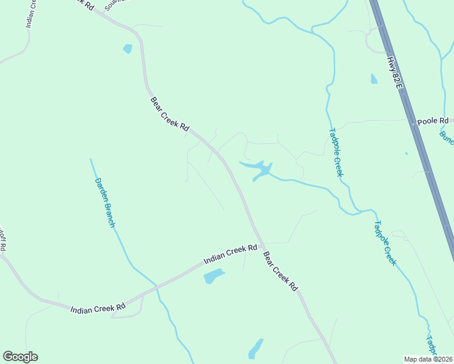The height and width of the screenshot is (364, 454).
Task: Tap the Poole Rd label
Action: click(x=432, y=121)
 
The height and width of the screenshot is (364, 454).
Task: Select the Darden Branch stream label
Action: click(x=104, y=203)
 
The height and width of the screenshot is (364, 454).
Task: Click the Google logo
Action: click(x=20, y=357)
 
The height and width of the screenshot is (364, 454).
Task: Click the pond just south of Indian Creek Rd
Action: click(x=213, y=277)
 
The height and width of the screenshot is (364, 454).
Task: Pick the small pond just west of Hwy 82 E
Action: click(x=374, y=79)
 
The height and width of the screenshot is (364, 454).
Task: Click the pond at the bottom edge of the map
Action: click(x=256, y=349)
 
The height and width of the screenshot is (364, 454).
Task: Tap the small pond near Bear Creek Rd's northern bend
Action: click(x=127, y=49)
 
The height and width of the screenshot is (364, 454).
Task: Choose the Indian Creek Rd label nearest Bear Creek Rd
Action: click(x=231, y=255)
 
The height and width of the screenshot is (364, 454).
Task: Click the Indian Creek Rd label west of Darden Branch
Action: click(x=98, y=308)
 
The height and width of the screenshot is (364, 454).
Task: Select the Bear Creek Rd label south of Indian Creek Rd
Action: click(x=281, y=269)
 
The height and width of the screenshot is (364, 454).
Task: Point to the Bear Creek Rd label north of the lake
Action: click(x=169, y=114)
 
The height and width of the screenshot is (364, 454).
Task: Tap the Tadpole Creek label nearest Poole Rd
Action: click(x=336, y=152)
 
